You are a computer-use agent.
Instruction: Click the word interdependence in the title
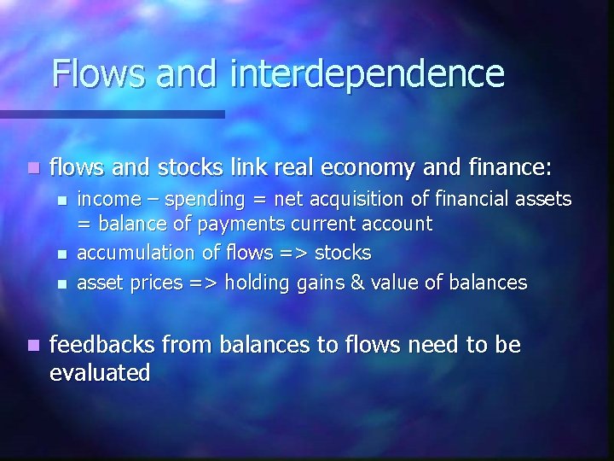367,74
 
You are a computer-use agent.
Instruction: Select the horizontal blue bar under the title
112,114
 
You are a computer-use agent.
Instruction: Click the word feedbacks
101,345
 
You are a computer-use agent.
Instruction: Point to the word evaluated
101,372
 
